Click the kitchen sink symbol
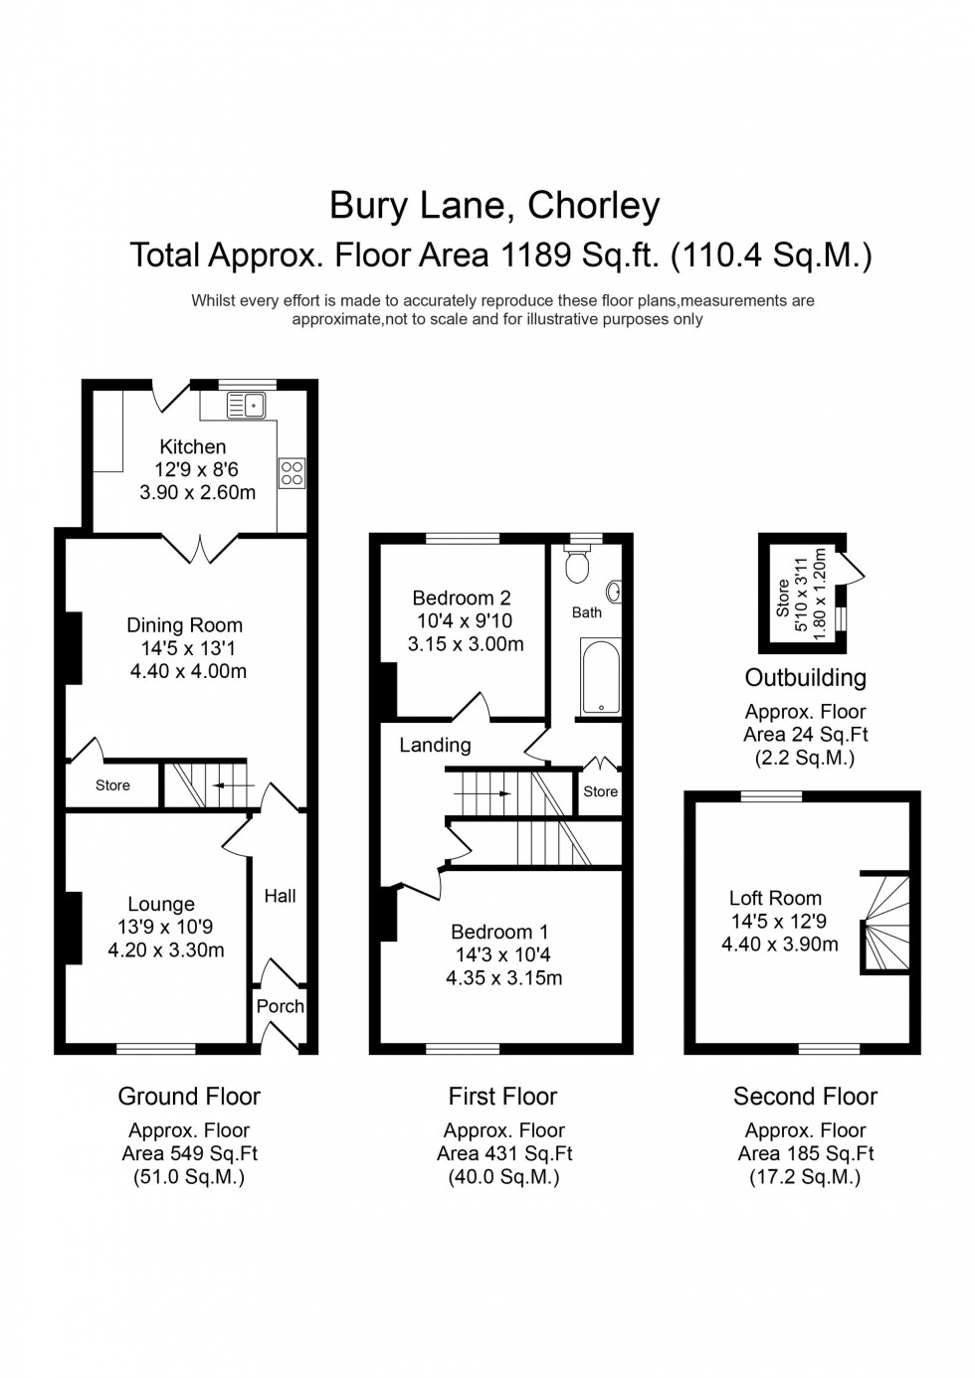247,405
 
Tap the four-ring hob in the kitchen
292,472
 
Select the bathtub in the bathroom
600,676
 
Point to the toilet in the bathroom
577,565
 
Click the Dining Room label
184,625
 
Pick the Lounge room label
161,904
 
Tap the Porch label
281,1006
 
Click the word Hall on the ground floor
280,896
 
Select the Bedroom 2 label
462,598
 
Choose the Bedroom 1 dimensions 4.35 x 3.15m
503,977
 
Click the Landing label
435,745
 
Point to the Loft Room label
775,898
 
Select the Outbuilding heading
805,678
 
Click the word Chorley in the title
593,206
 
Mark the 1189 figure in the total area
535,256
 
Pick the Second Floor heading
805,1097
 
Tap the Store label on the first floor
600,791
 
